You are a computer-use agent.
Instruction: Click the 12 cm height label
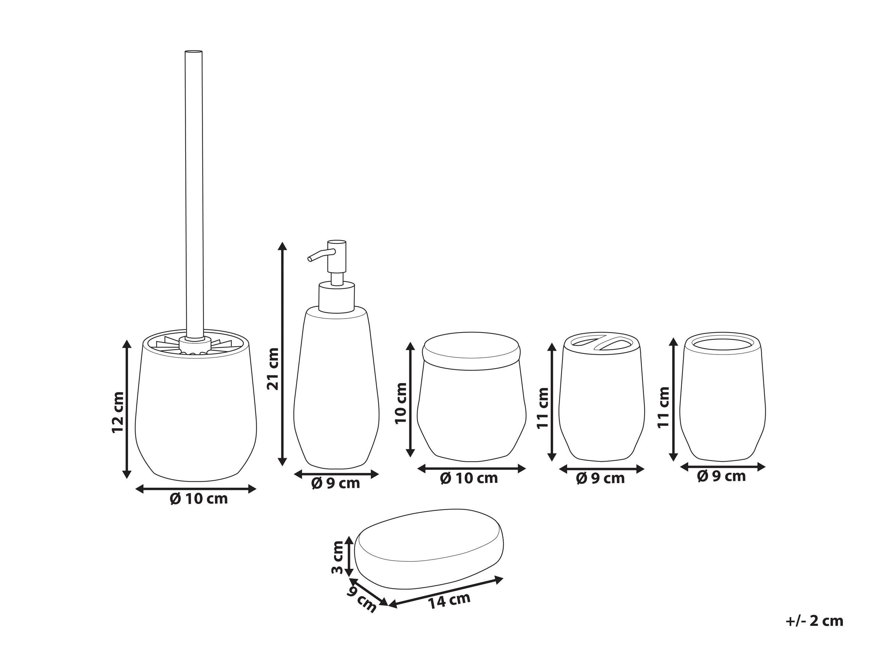click(118, 412)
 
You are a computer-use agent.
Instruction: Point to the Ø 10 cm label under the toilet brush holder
click(199, 499)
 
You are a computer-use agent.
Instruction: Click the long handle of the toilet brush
click(194, 189)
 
